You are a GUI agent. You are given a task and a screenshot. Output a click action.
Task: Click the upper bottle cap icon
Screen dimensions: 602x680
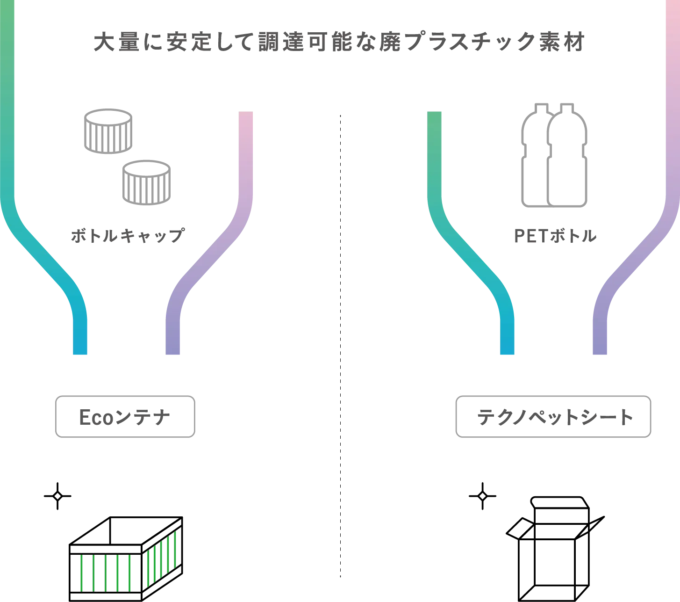[108, 132]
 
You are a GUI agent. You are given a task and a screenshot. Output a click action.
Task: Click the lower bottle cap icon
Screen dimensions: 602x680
[146, 182]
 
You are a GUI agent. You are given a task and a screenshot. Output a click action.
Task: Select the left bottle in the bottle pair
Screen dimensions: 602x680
[535, 157]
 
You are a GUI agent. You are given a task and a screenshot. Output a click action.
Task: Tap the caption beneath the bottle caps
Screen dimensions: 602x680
[127, 234]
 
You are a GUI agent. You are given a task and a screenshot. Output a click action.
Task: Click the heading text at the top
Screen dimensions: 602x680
[339, 43]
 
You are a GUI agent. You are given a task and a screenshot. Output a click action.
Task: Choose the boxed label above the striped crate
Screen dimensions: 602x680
[125, 416]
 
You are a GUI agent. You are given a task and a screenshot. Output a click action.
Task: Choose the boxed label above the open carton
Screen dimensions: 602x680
[553, 416]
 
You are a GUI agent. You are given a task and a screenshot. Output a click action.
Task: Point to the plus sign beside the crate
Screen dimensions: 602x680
[58, 495]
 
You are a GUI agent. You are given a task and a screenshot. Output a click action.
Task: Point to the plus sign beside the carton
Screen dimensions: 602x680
[482, 495]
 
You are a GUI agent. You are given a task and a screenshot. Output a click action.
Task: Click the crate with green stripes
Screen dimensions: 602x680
[125, 559]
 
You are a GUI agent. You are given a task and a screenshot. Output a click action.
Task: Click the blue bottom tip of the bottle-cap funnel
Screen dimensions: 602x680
[80, 346]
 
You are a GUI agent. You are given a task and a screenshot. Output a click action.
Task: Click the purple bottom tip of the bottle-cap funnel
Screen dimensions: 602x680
[174, 346]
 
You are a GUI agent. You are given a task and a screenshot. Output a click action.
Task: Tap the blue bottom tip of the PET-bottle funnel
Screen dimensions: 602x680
[507, 346]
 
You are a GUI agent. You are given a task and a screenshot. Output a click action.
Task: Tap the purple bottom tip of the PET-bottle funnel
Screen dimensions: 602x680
[600, 346]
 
